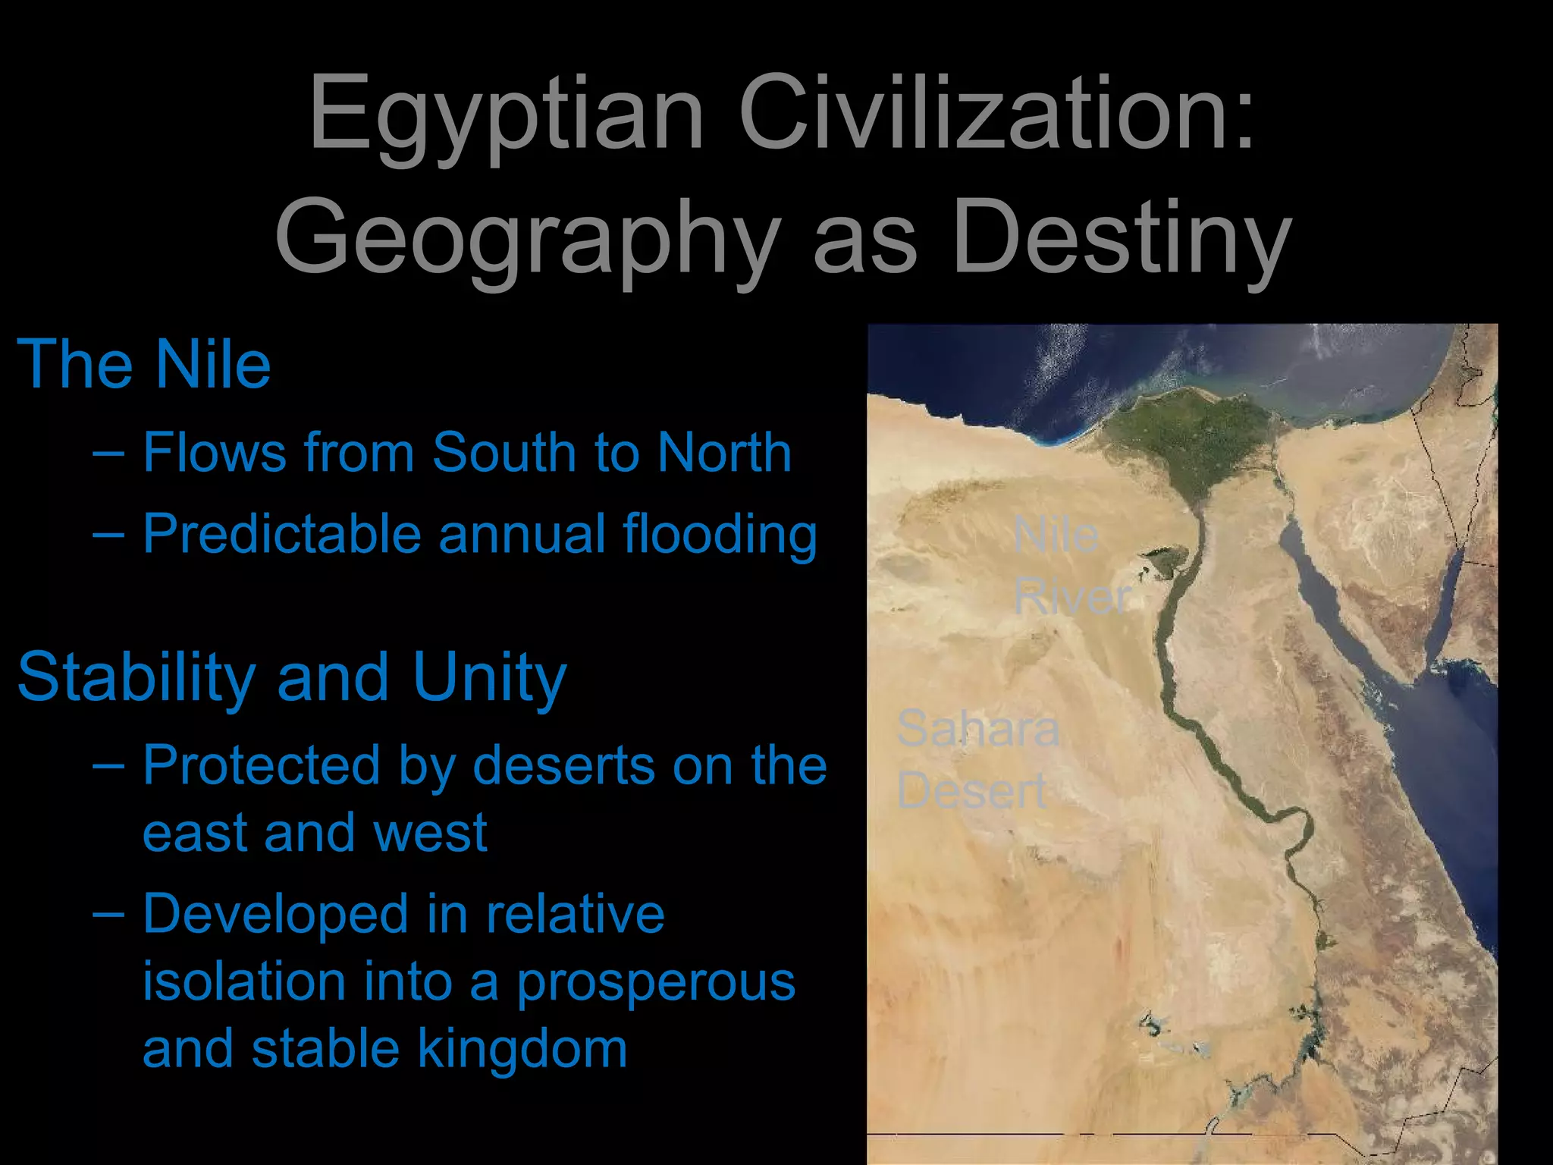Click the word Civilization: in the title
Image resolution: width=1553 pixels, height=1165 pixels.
(x=996, y=114)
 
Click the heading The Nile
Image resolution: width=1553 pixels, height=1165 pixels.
(x=144, y=365)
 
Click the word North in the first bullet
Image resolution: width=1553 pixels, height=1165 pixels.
(x=724, y=453)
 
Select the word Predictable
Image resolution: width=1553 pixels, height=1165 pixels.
(x=281, y=534)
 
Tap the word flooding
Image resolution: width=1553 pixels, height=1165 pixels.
(x=720, y=535)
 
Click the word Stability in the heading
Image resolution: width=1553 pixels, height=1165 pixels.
(x=136, y=677)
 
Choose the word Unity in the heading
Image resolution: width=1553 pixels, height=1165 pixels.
(x=490, y=677)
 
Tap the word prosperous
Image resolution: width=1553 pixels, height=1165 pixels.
(x=656, y=983)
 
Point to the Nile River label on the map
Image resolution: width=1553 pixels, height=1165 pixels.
(x=1071, y=565)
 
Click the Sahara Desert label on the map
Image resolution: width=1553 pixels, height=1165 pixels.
(x=977, y=758)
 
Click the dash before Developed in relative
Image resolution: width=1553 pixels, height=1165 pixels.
(x=108, y=913)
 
